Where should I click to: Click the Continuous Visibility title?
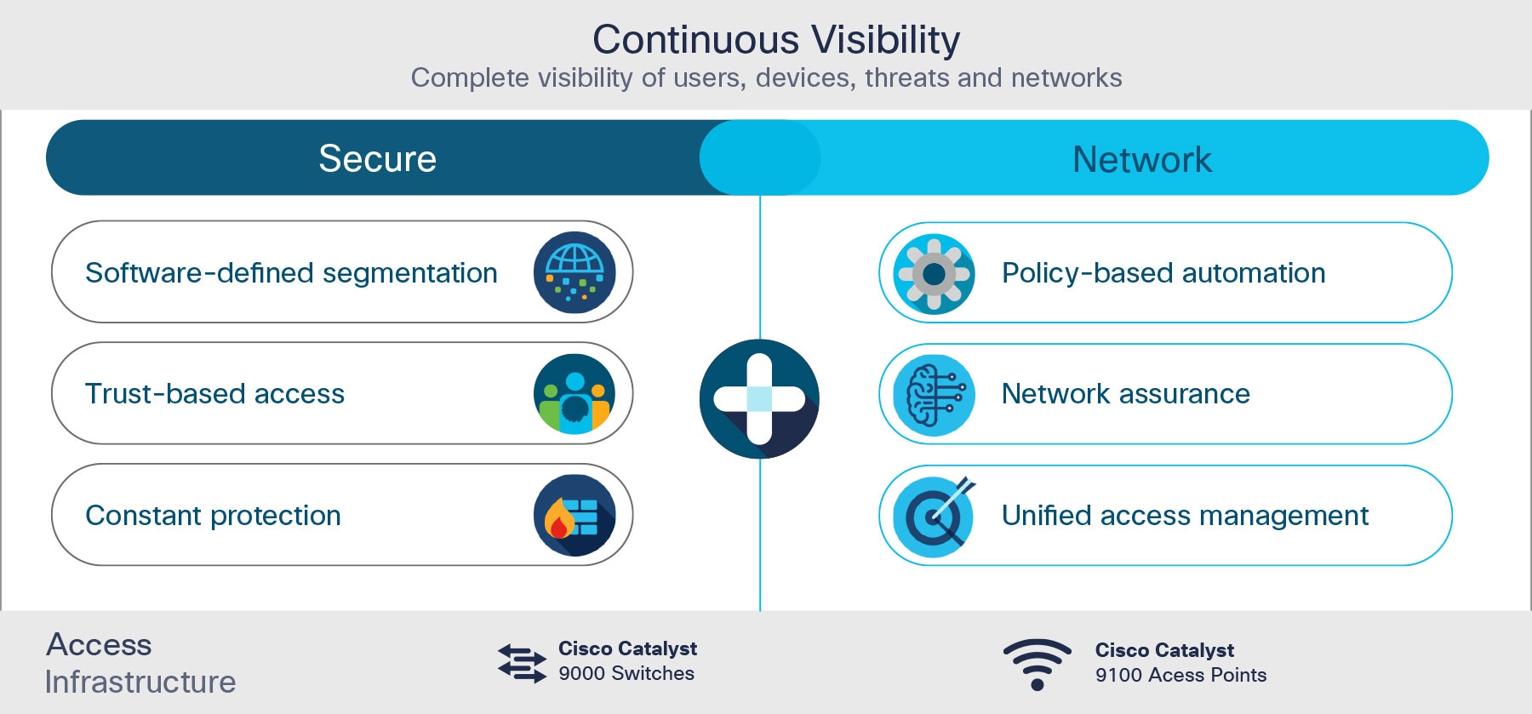click(x=775, y=40)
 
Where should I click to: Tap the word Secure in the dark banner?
click(x=377, y=159)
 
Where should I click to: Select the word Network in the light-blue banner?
click(x=1141, y=160)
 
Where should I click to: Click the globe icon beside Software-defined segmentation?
click(x=574, y=272)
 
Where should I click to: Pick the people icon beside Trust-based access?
click(x=574, y=394)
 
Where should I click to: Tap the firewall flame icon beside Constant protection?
click(x=574, y=515)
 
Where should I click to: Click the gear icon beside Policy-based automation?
click(x=934, y=273)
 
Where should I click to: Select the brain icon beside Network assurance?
click(x=934, y=395)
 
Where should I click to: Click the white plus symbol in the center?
click(x=759, y=398)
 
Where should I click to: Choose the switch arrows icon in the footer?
click(x=522, y=663)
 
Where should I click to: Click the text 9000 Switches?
click(x=626, y=673)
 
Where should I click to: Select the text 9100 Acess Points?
click(x=1180, y=675)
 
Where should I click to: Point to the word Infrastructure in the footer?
click(x=140, y=682)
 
